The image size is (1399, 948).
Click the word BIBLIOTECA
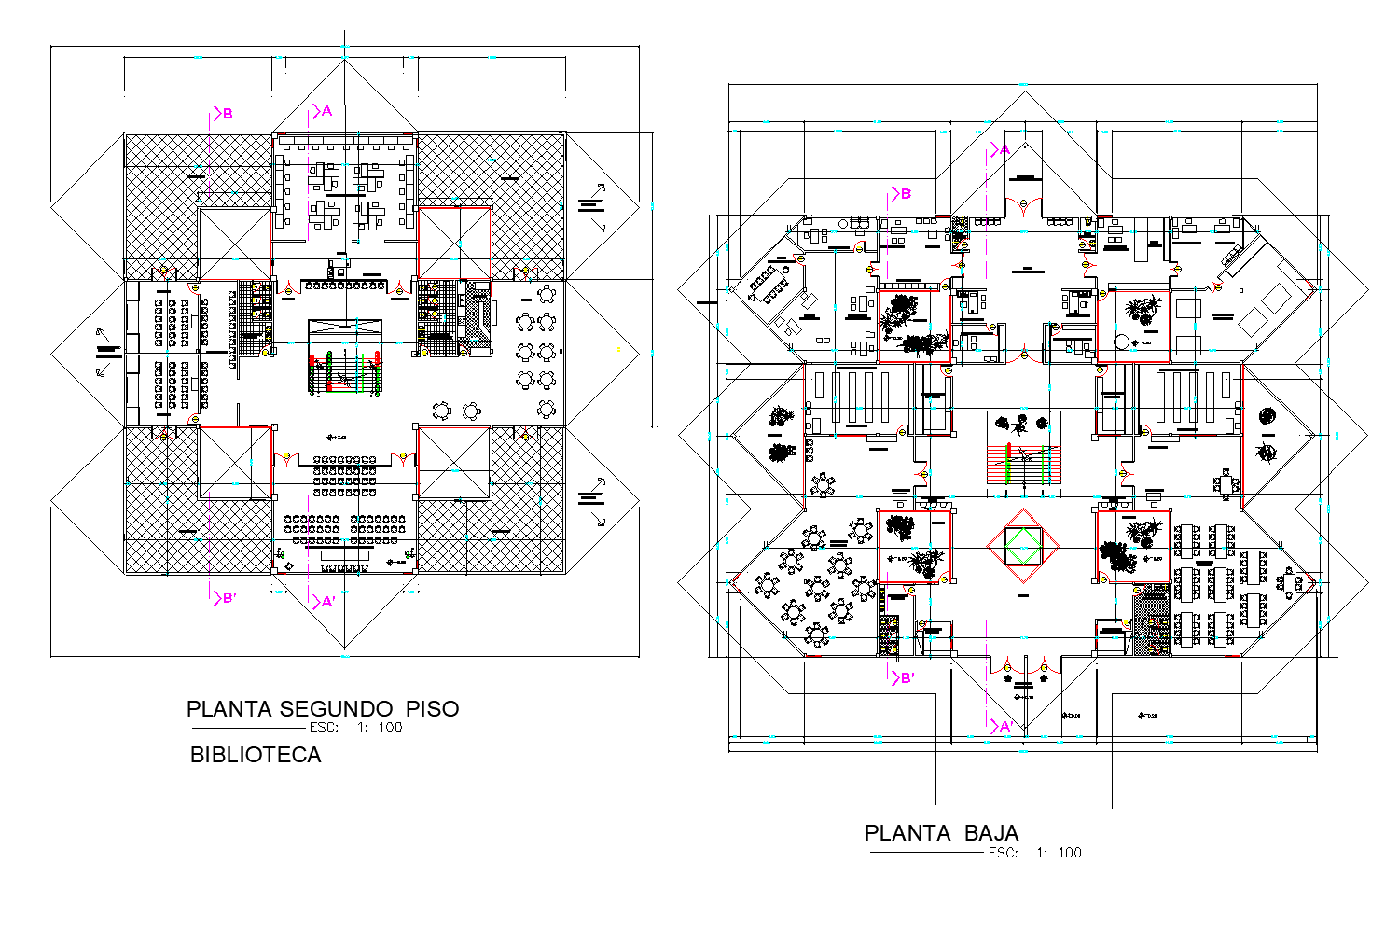pyautogui.click(x=256, y=755)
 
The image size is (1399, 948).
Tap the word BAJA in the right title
pyautogui.click(x=991, y=833)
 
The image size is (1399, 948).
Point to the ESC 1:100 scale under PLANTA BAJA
pyautogui.click(x=1034, y=853)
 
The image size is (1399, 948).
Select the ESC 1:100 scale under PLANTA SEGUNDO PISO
pyautogui.click(x=355, y=728)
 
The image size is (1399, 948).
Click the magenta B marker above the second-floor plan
pyautogui.click(x=223, y=114)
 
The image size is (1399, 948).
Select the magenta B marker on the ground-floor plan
pyautogui.click(x=901, y=194)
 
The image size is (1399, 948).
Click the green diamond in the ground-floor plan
pyautogui.click(x=1023, y=546)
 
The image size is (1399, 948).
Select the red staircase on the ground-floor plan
pyautogui.click(x=1024, y=464)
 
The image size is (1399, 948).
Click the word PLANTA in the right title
pyautogui.click(x=907, y=833)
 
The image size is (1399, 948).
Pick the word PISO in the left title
pyautogui.click(x=432, y=709)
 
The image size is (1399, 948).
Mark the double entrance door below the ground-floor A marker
pyautogui.click(x=1024, y=208)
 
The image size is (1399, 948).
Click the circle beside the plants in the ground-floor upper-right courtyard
pyautogui.click(x=1122, y=342)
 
